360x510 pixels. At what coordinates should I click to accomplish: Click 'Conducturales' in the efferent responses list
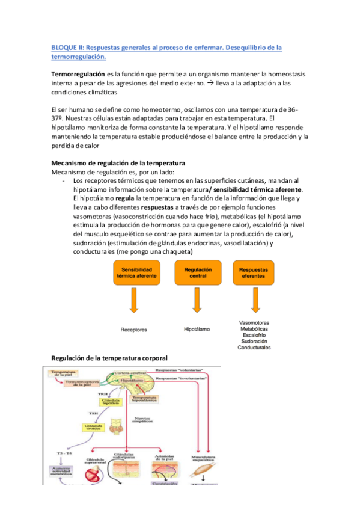(254, 348)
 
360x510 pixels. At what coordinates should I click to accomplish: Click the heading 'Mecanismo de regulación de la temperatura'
(118, 163)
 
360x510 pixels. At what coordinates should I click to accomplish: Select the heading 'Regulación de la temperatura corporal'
(110, 358)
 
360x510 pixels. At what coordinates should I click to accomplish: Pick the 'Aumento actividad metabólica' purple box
(63, 472)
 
